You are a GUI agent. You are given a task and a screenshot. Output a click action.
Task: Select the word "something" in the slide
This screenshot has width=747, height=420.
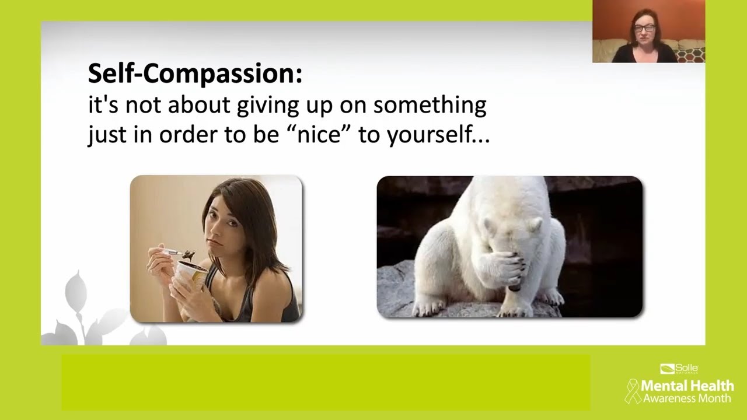click(430, 105)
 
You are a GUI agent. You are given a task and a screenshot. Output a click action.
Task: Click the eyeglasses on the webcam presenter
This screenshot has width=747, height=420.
click(644, 28)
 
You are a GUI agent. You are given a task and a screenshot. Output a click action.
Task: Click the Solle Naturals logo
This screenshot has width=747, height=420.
click(679, 369)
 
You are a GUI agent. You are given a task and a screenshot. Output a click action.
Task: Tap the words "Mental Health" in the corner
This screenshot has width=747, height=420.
click(687, 386)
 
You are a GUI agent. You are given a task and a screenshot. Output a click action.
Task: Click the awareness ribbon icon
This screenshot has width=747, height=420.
click(633, 391)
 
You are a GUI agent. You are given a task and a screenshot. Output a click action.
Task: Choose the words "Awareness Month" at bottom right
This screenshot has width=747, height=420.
click(687, 399)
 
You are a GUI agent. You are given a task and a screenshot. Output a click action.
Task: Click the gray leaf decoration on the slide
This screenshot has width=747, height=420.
click(76, 292)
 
